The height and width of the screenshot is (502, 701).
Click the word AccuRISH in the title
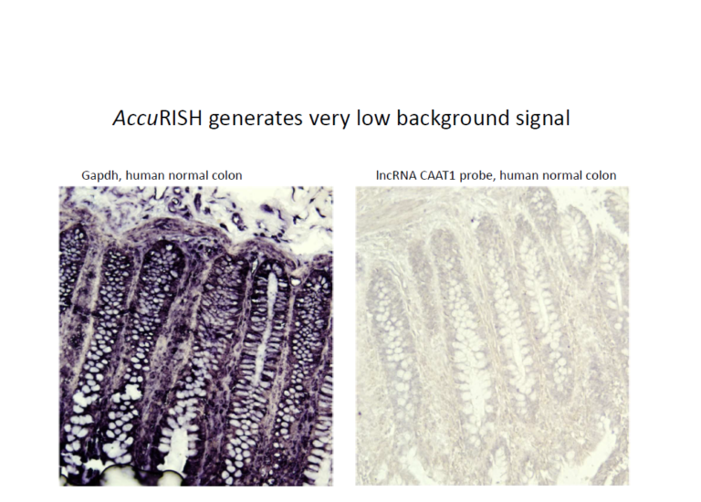click(157, 118)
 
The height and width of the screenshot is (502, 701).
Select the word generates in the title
click(256, 119)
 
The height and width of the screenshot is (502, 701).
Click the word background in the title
click(453, 119)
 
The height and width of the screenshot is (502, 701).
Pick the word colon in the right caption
click(602, 175)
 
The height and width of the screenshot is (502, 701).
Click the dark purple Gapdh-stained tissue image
click(196, 336)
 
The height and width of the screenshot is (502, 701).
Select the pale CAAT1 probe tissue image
click(492, 336)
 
